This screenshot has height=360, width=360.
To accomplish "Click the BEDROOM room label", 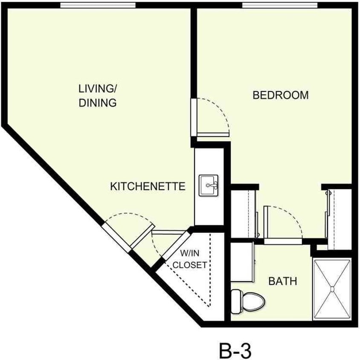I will pyautogui.click(x=280, y=95).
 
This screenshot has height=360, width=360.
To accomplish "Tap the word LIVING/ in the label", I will pyautogui.click(x=98, y=89).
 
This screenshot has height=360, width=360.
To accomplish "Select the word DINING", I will pyautogui.click(x=98, y=103).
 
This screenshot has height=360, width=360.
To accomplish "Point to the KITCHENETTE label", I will pyautogui.click(x=148, y=186).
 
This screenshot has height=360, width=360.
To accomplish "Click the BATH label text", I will pyautogui.click(x=282, y=282).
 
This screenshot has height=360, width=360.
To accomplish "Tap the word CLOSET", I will pyautogui.click(x=190, y=265).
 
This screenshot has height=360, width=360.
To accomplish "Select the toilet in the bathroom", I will pyautogui.click(x=247, y=300).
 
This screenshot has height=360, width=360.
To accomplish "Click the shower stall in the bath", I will pyautogui.click(x=333, y=289).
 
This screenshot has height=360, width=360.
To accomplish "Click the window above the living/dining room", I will pyautogui.click(x=98, y=5).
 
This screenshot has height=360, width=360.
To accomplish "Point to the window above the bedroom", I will pyautogui.click(x=280, y=5).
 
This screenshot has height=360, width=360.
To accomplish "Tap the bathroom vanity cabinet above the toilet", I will pyautogui.click(x=243, y=262).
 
